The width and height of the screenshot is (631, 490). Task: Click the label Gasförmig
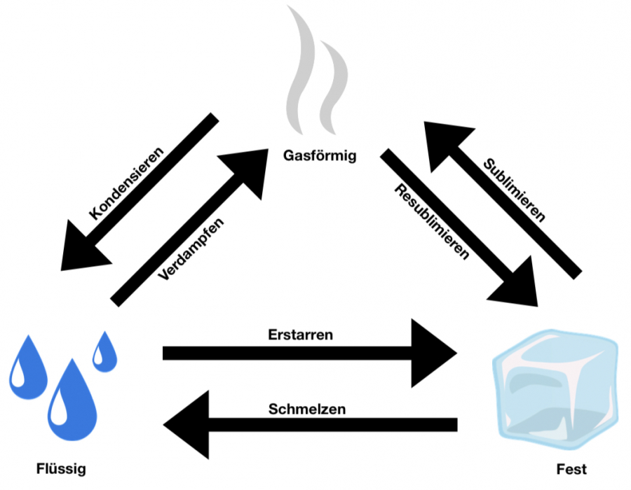pyautogui.click(x=320, y=155)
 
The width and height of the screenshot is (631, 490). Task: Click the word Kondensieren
pyautogui.click(x=128, y=183)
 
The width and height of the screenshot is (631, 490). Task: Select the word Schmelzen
pyautogui.click(x=307, y=409)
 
